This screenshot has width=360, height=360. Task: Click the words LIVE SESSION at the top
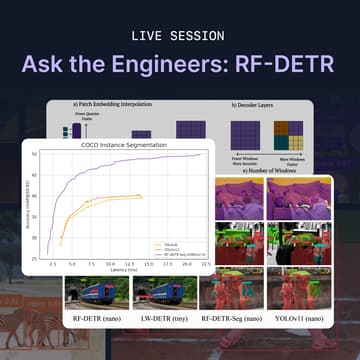(x=180, y=36)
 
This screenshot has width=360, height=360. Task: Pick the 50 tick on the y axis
(x=35, y=155)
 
